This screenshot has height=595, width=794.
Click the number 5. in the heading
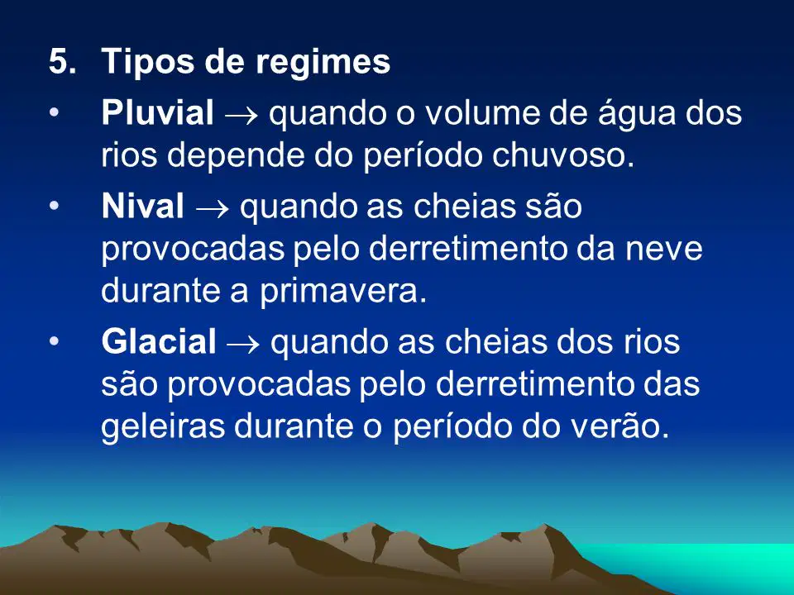(62, 61)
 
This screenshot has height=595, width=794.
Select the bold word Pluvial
(157, 112)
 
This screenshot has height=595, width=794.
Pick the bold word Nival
(143, 206)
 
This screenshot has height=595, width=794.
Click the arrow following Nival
(212, 209)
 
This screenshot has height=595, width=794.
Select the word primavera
(343, 293)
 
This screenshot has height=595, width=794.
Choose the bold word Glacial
(159, 341)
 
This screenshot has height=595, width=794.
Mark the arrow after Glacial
(243, 345)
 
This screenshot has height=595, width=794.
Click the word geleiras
(163, 426)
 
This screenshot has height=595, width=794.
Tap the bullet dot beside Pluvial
(55, 113)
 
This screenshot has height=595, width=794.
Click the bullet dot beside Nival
(55, 207)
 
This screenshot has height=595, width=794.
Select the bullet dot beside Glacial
(55, 342)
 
